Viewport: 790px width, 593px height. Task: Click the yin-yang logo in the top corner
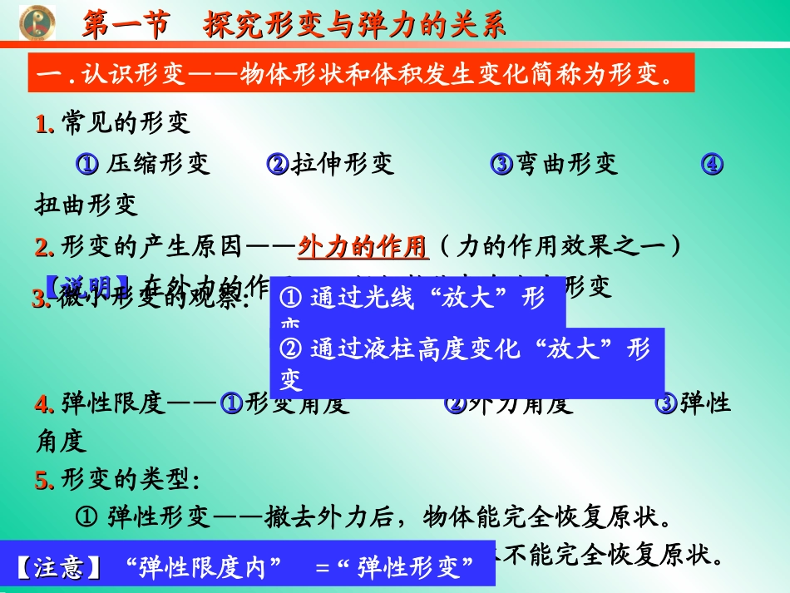click(36, 22)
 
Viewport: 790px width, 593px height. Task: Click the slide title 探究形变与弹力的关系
click(354, 25)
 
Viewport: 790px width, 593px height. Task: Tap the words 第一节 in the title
click(125, 25)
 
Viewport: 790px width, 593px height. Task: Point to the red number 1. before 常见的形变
click(45, 124)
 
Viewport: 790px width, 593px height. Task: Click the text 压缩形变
click(158, 164)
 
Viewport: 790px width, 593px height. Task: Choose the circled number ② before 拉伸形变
click(277, 164)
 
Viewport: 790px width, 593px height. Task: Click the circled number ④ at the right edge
click(711, 164)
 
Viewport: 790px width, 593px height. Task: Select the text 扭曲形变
click(86, 204)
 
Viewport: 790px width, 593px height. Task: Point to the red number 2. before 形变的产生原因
click(45, 246)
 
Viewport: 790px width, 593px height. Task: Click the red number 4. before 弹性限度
click(45, 404)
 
